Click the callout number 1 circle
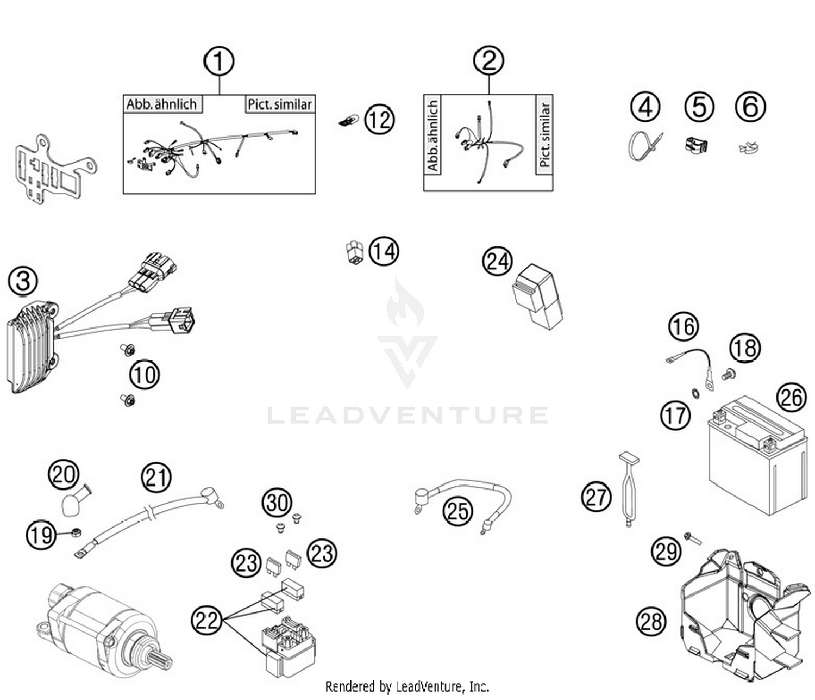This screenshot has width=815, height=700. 219,61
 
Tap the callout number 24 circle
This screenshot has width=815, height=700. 497,261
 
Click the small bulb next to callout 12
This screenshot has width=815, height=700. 348,120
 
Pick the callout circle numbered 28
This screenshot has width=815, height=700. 650,621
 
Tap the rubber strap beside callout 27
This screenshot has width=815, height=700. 629,490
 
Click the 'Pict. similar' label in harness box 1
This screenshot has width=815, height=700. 280,104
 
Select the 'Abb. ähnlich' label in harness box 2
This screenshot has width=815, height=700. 433,135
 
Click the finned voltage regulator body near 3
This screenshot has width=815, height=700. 30,348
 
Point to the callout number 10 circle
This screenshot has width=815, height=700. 144,375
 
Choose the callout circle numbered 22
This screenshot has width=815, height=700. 206,620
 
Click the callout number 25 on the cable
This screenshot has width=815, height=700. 457,511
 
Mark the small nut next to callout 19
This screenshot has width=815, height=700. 76,531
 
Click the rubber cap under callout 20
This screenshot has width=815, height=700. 70,505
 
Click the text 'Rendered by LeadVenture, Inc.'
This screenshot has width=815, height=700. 407,686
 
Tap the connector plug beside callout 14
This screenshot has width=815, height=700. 354,252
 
